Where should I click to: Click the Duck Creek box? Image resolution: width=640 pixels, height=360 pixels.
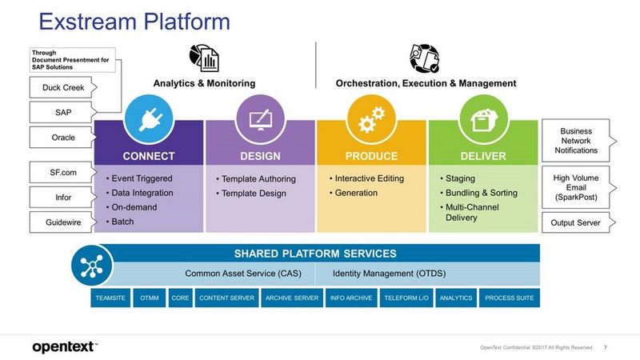click(58, 86)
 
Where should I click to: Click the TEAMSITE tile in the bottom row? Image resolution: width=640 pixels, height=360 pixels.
click(110, 298)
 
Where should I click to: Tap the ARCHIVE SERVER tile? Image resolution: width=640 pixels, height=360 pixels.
click(291, 298)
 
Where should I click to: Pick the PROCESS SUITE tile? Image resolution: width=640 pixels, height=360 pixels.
click(510, 298)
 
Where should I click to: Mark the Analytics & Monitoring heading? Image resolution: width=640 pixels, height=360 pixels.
click(204, 83)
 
